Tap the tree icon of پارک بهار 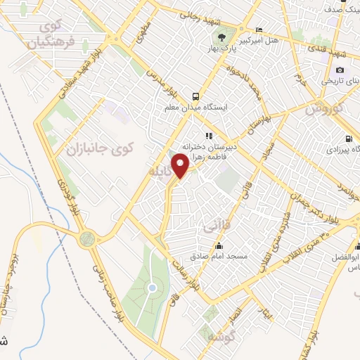pyautogui.click(x=221, y=37)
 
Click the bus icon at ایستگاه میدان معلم pyautogui.click(x=195, y=97)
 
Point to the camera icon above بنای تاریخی pyautogui.click(x=340, y=70)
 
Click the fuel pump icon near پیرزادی pyautogui.click(x=349, y=139)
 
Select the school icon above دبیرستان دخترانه pyautogui.click(x=208, y=136)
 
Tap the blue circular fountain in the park pyautogui.click(x=151, y=288)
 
